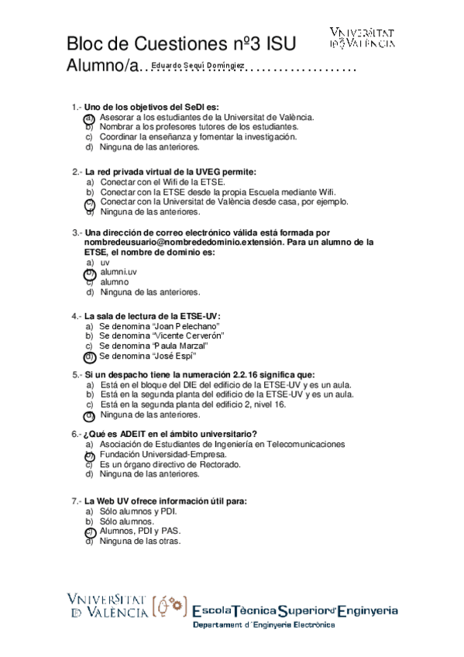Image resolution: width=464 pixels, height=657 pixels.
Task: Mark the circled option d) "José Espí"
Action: [x=90, y=356]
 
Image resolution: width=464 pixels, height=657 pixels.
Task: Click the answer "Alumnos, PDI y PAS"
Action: [x=139, y=531]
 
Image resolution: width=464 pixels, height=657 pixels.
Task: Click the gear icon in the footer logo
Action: [x=177, y=603]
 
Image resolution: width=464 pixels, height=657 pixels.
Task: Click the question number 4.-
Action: [x=77, y=316]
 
